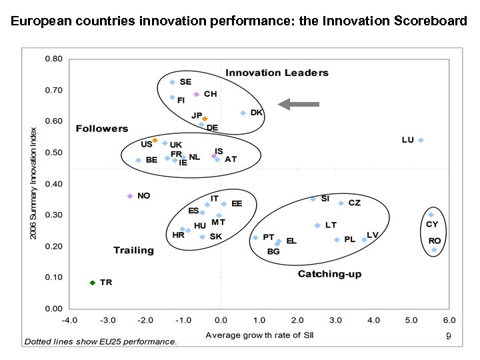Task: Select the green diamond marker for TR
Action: [93, 283]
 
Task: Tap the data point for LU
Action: [421, 141]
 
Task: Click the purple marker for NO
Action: [130, 196]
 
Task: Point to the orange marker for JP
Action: [205, 119]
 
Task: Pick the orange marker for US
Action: [155, 141]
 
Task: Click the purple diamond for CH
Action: [197, 95]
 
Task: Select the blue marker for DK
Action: [243, 113]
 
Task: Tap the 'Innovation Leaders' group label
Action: [277, 73]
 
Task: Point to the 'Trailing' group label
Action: [133, 251]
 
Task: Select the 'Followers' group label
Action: [101, 128]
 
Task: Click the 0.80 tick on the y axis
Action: [54, 59]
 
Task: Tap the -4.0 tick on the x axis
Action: [69, 320]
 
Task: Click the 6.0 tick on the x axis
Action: [450, 320]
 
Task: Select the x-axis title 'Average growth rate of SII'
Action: [260, 334]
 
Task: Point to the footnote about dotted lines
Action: [101, 342]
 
